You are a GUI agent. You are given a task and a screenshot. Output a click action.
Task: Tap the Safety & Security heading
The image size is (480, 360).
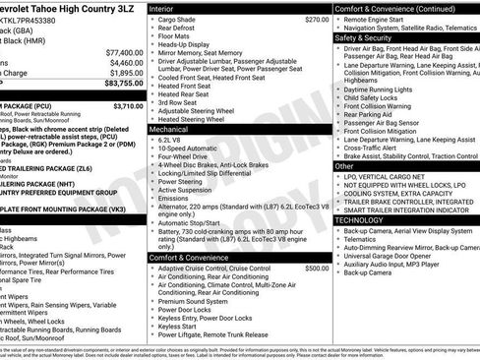coord(366,36)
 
